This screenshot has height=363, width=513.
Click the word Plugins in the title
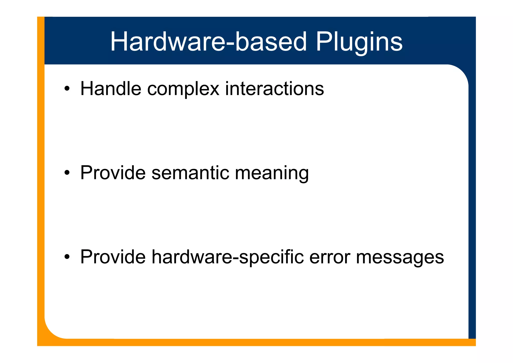click(359, 42)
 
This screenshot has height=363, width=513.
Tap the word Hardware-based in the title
click(208, 42)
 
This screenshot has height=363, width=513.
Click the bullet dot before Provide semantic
click(67, 173)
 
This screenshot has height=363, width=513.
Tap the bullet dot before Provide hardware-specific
click(67, 257)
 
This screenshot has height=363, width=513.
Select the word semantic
click(190, 173)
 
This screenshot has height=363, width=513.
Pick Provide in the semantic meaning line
click(113, 173)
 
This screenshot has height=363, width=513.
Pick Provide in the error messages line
click(113, 257)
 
